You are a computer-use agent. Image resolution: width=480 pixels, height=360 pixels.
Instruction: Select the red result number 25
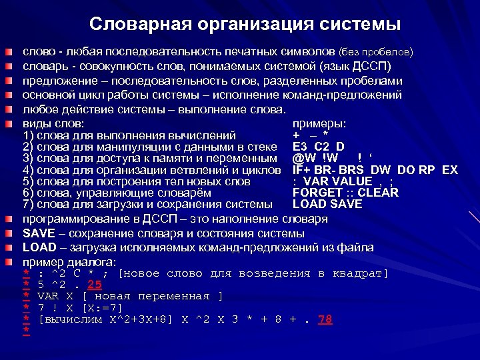coord(94,285)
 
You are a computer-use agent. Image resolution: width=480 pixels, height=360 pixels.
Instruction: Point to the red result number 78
coord(325,319)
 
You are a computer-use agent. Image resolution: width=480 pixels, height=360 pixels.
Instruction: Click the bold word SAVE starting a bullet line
coord(37,233)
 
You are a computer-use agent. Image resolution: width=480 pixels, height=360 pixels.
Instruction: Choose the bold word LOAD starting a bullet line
coord(39,247)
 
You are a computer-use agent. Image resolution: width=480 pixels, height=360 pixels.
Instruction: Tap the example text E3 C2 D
coord(318,147)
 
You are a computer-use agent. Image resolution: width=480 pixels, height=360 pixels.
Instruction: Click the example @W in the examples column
coord(302,159)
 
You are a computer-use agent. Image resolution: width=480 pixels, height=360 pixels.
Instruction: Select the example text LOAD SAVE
coord(327,204)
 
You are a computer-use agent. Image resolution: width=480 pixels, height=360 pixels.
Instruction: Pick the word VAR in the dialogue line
coord(48,296)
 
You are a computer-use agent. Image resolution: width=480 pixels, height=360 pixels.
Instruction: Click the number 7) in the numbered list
coord(28,204)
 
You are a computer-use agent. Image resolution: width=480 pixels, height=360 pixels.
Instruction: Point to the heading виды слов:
coord(53,124)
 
